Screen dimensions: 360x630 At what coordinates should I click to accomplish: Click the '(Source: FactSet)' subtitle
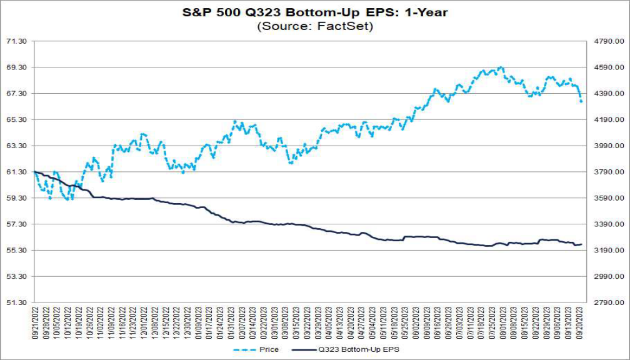click(x=314, y=26)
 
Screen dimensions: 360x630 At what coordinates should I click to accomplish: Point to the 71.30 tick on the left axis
click(x=17, y=41)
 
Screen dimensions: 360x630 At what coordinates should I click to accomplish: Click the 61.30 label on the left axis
click(x=17, y=172)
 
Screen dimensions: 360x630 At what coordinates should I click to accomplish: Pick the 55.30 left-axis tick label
click(x=17, y=251)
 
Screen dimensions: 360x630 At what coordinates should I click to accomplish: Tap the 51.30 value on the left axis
click(x=17, y=302)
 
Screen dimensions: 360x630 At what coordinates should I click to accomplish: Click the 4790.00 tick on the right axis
click(x=609, y=41)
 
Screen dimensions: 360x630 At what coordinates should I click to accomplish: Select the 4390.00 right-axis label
click(x=609, y=94)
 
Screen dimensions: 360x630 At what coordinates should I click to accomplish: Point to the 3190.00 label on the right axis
click(x=609, y=251)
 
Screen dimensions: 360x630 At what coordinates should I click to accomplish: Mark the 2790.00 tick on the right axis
click(x=609, y=302)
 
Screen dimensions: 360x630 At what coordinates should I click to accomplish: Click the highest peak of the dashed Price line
click(x=500, y=67)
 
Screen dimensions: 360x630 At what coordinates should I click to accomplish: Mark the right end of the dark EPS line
click(x=582, y=244)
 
